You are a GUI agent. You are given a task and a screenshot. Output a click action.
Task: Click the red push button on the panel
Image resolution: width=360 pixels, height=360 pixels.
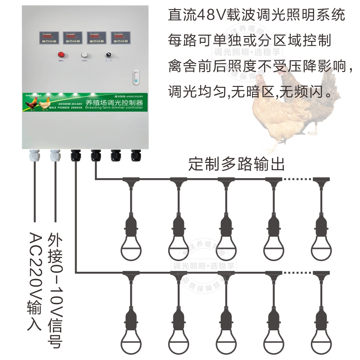point(61,55)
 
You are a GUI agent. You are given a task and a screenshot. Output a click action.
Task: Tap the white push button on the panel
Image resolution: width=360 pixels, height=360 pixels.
point(84,55)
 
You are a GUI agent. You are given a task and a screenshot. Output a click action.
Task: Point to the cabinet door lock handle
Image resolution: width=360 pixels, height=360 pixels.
point(136,77)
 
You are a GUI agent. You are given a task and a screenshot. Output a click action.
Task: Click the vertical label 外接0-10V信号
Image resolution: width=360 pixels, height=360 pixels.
point(55,290)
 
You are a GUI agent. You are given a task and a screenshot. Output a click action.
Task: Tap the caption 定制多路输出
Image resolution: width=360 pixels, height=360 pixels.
point(237,164)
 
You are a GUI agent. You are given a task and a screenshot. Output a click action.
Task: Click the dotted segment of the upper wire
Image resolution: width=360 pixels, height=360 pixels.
point(298,179)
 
